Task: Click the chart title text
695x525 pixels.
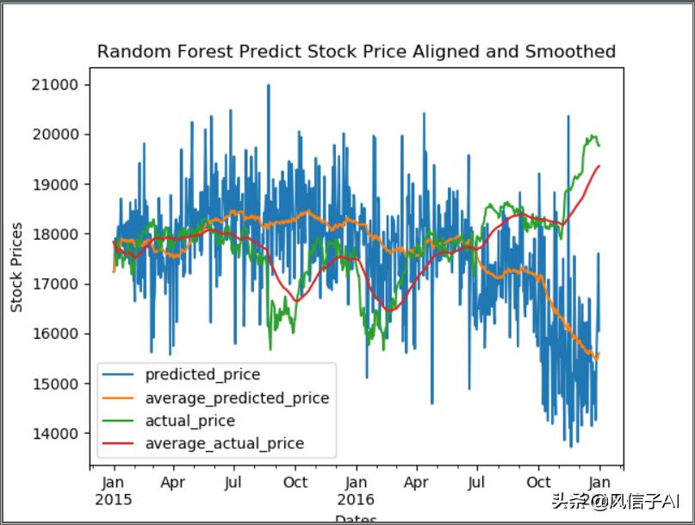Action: pos(356,52)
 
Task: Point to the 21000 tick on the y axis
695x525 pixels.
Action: pos(57,84)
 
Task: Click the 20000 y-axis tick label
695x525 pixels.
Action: pos(57,134)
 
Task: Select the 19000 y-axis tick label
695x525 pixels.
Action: pos(57,184)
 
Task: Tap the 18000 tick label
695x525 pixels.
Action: pos(57,234)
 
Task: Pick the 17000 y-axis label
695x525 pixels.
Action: pos(57,284)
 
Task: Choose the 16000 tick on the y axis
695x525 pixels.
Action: pos(57,334)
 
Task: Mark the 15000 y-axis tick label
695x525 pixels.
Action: pos(57,384)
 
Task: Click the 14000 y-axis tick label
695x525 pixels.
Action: pos(57,433)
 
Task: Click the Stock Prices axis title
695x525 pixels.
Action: pos(17,267)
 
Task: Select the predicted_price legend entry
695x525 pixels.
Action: pos(202,375)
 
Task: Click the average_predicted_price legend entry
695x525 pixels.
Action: pos(237,398)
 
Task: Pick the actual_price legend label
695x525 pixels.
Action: pos(190,422)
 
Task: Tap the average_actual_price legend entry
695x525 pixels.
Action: pos(225,444)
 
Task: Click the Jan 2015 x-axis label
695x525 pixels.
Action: pos(114,491)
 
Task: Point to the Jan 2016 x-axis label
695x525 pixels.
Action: pos(356,491)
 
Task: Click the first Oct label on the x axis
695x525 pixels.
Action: pos(295,483)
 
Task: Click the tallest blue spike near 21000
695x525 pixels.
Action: pos(268,85)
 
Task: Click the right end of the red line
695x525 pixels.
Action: pos(599,166)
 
